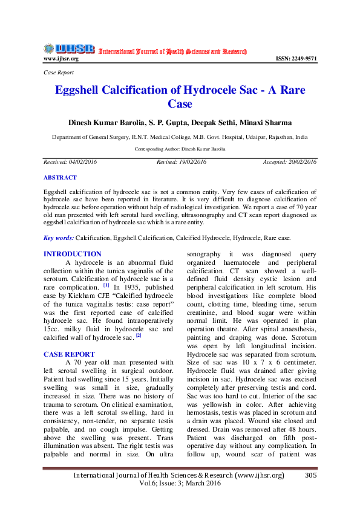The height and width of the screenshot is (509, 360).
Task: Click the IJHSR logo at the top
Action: (68, 49)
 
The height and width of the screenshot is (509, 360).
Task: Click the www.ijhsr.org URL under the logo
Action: (61, 59)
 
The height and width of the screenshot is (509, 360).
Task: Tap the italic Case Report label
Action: (59, 73)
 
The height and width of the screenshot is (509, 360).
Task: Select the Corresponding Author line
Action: (180, 148)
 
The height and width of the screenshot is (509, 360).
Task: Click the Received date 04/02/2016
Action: (81, 162)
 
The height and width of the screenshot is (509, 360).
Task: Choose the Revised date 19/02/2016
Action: (193, 162)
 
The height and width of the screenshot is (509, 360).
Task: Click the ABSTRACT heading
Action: (61, 178)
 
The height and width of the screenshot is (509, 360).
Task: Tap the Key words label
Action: (59, 238)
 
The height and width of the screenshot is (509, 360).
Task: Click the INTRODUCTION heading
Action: (73, 254)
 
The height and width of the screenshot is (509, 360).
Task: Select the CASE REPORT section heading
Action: (69, 354)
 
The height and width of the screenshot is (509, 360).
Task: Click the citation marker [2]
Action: (139, 334)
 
